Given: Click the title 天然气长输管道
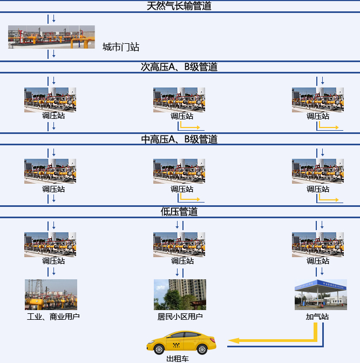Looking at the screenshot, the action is click(x=179, y=6).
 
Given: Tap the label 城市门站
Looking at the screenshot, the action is click(x=121, y=47).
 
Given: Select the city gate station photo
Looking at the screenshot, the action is click(x=51, y=37).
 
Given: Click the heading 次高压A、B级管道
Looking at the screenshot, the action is click(x=179, y=67).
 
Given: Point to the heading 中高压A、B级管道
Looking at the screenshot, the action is click(x=179, y=139).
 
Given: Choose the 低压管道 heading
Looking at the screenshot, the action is click(x=179, y=212).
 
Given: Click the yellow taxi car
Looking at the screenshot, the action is click(x=181, y=342).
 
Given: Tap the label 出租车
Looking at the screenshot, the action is click(x=178, y=359).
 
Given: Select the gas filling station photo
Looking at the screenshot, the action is click(x=321, y=294).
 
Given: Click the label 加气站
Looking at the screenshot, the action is click(x=317, y=317).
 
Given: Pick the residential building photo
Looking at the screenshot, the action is click(x=180, y=294).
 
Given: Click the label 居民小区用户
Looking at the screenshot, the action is click(x=180, y=317).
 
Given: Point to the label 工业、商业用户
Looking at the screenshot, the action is click(x=53, y=317).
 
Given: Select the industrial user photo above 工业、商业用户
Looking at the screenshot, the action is click(x=51, y=294).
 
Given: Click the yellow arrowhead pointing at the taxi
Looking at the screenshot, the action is click(x=234, y=340).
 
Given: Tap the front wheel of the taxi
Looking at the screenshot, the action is click(x=159, y=349).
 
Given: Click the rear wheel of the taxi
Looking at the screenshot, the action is click(x=202, y=349).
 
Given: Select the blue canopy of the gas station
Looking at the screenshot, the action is click(x=321, y=285).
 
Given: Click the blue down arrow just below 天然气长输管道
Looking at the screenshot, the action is click(x=54, y=18).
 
